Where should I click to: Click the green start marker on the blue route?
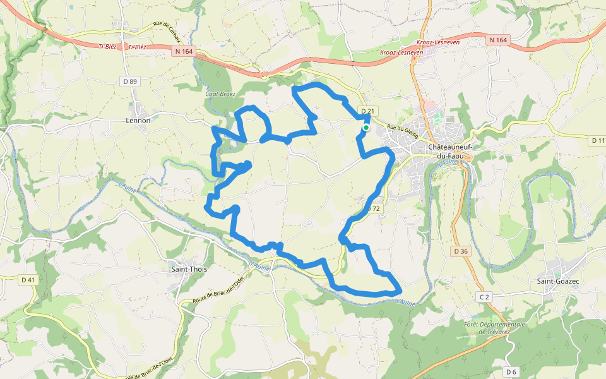(365, 128)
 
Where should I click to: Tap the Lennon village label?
(138, 120)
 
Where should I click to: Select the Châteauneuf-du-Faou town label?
(451, 151)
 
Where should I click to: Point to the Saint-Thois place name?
(189, 268)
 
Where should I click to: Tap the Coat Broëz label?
(220, 94)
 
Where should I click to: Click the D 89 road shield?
(129, 81)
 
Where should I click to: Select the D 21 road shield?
(367, 111)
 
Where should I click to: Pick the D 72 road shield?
(374, 208)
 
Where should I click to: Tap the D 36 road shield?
(461, 251)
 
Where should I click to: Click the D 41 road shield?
(28, 280)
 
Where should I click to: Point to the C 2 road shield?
(484, 296)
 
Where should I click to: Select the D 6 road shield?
(511, 372)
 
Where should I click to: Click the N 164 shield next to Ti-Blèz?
(184, 52)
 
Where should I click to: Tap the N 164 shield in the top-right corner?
(497, 40)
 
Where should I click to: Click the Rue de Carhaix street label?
(167, 33)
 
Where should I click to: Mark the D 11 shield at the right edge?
(598, 140)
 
